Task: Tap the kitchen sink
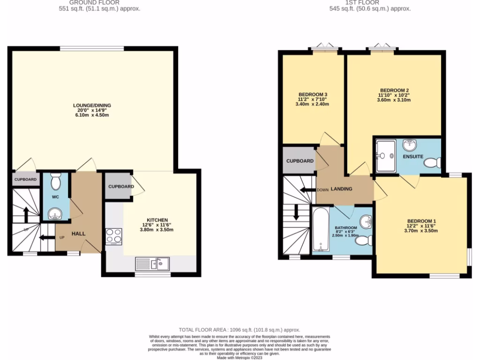(x=155, y=264)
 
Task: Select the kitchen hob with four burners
(x=114, y=236)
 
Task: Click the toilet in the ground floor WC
(x=55, y=180)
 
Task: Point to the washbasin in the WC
(x=55, y=215)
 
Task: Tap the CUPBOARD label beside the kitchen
(x=121, y=187)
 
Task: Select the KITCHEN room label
(x=154, y=219)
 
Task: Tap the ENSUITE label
(x=413, y=156)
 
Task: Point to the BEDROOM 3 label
(x=313, y=94)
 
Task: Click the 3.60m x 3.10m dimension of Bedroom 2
(x=394, y=100)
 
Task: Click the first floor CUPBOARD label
(x=300, y=161)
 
